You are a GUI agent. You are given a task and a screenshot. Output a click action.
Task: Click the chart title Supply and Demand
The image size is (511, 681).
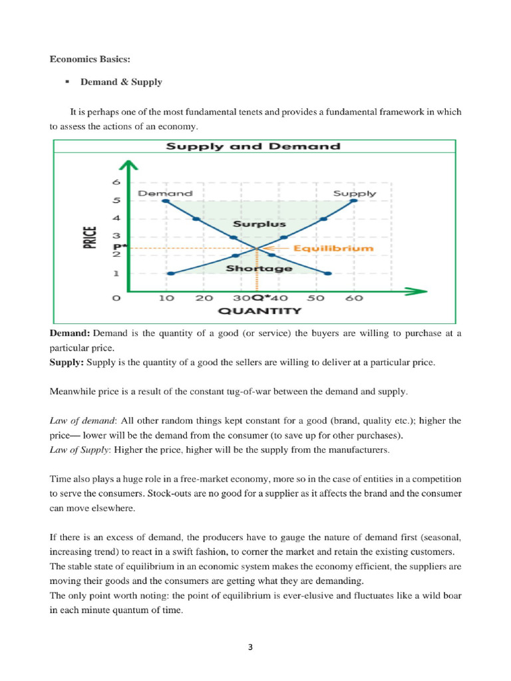[253, 146]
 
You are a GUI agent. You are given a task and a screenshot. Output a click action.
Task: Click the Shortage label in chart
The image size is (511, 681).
[250, 268]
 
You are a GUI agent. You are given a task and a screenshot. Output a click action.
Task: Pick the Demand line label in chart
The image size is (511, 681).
[165, 194]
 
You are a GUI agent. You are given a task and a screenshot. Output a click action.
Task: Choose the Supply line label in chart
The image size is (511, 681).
[355, 194]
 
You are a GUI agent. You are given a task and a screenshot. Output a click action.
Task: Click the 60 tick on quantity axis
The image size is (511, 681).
[355, 298]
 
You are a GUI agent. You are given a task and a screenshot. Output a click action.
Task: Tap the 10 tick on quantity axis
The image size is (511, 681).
[166, 298]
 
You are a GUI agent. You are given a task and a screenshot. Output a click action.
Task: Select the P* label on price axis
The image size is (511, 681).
[116, 246]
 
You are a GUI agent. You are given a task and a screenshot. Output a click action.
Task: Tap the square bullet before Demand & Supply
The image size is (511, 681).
[67, 82]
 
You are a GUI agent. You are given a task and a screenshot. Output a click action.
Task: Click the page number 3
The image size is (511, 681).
[255, 646]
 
